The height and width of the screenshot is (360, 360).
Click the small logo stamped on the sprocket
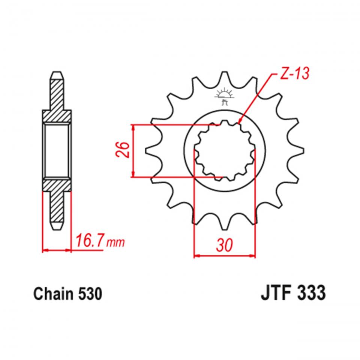(224, 97)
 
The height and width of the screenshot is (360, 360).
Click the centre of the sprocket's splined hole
(224, 150)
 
